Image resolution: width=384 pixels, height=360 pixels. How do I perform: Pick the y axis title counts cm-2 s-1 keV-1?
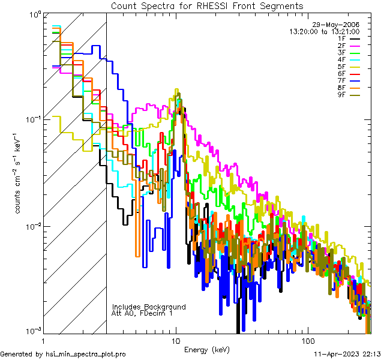[19, 173]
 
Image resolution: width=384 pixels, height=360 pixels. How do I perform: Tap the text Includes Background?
[149, 307]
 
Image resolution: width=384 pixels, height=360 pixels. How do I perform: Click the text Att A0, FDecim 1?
[142, 313]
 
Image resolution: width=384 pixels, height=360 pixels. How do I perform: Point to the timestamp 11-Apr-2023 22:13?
[345, 354]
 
